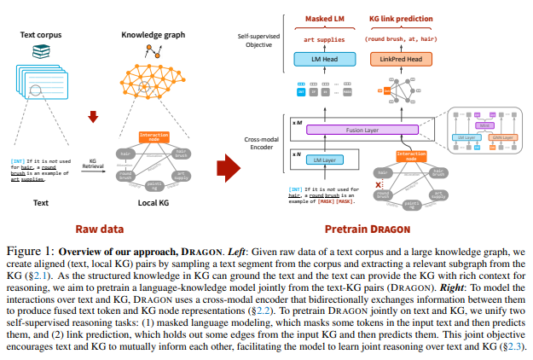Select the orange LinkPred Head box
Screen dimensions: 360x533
coord(401,59)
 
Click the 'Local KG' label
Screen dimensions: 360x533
coord(154,203)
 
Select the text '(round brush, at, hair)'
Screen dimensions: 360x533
coord(401,38)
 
